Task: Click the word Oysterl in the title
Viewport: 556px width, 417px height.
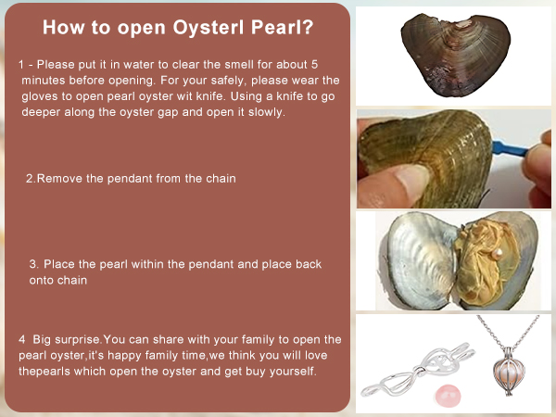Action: pos(208,28)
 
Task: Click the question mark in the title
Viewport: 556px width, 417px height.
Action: pos(308,27)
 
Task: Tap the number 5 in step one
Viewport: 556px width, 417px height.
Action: pos(314,64)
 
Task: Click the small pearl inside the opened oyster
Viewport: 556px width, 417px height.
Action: pos(498,253)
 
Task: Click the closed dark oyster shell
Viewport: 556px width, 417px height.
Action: pos(456,55)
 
